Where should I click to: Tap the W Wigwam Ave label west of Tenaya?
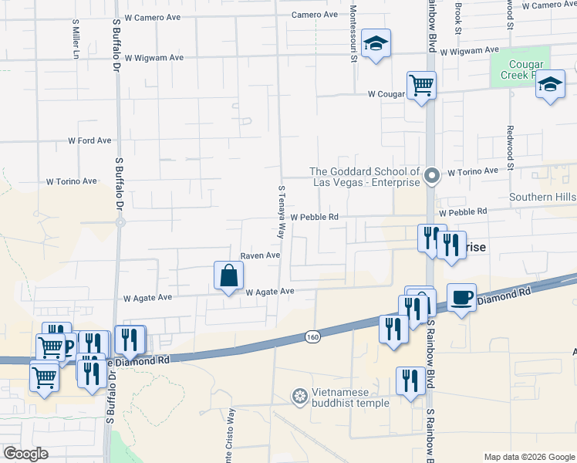point(154,57)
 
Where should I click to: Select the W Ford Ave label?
point(89,141)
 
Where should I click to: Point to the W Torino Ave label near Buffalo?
point(71,182)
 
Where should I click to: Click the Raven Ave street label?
point(259,255)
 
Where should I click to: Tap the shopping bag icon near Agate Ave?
point(228,275)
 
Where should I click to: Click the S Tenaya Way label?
point(282,211)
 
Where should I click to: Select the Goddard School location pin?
point(433,177)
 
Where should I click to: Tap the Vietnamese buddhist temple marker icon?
point(299,397)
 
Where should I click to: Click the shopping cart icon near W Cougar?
point(421,84)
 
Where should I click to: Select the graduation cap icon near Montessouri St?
point(376,44)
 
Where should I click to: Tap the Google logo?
point(25,454)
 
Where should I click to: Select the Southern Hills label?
point(542,198)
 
